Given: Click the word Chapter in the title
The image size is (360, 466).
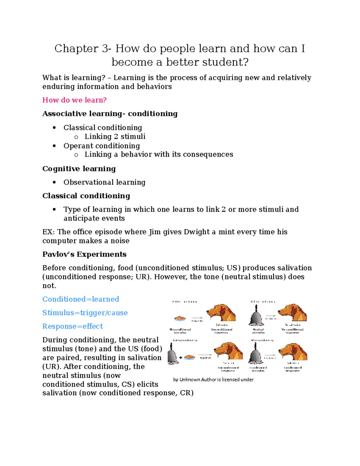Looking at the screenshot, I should point(76,49).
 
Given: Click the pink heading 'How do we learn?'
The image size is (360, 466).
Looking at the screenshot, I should point(74,100).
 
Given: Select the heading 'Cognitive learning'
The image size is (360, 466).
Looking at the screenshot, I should point(79,169).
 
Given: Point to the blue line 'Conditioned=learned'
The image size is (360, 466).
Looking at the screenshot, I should point(81,299).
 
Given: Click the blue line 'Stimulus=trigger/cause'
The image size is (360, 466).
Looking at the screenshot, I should point(85,313).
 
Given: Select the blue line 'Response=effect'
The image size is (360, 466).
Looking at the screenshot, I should point(73,326).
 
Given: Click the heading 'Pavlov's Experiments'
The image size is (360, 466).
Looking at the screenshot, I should point(84,254).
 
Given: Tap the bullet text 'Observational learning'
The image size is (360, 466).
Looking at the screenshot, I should point(104,182).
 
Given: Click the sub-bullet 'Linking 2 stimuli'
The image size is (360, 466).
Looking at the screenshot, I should point(115,137).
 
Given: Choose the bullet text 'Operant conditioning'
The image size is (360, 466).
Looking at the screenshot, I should point(102,146).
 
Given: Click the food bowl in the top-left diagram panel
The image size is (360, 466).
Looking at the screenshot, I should point(180,318).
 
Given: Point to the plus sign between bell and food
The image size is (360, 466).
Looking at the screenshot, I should point(181,358).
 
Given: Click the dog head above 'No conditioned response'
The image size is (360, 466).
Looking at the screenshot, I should point(293,313).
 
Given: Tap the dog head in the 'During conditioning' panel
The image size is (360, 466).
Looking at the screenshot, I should point(228,351).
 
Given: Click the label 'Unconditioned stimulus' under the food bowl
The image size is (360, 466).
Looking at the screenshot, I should point(180,331).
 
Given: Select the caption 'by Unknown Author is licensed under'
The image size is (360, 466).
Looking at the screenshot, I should point(213,380).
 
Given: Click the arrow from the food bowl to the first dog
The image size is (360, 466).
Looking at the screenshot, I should point(197,317).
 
